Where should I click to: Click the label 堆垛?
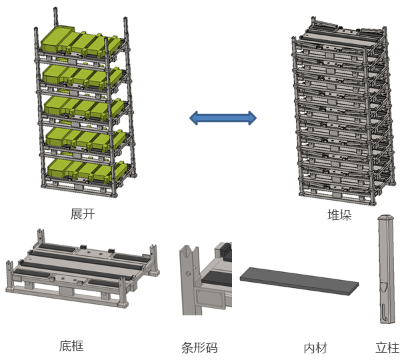[339, 215]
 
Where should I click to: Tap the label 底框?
[71, 345]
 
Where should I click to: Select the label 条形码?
[199, 347]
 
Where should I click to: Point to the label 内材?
[315, 347]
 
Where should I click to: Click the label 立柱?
[387, 347]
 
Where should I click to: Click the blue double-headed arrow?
[223, 119]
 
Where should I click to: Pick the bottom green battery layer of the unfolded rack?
[83, 169]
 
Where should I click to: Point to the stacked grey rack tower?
[339, 113]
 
